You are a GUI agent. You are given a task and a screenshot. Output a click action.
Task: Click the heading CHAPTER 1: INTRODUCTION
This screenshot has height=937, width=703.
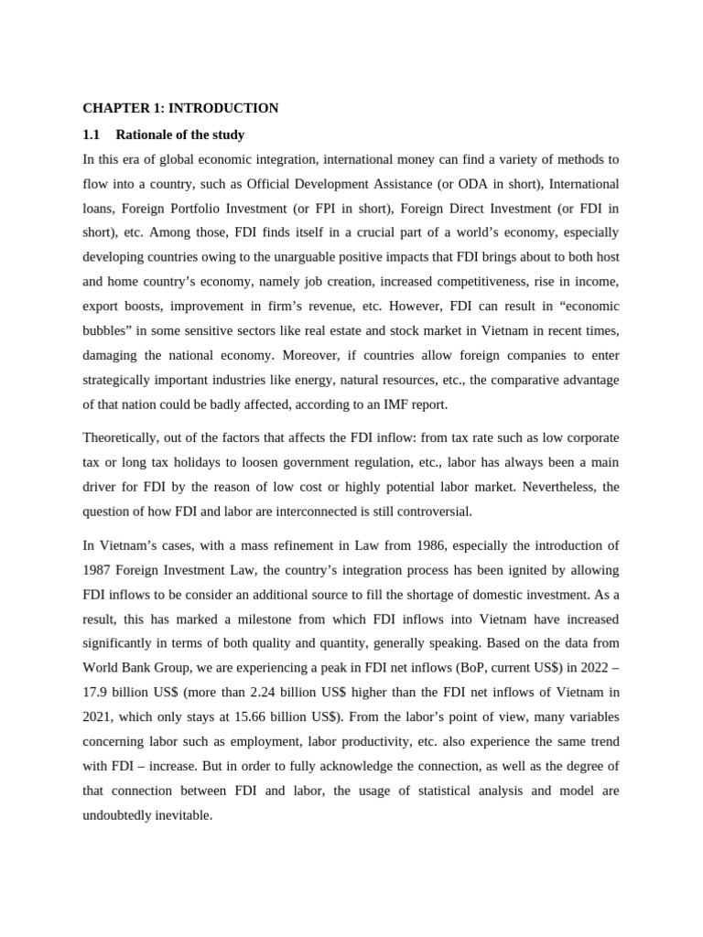click(180, 108)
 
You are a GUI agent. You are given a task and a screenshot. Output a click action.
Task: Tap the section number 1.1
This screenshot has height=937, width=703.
click(91, 135)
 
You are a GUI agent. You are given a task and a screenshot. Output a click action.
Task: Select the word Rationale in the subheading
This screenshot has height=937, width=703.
click(146, 135)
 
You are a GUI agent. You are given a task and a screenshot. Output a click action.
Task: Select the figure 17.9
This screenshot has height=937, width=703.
click(97, 693)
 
